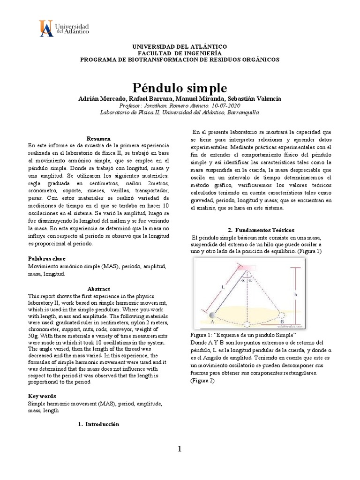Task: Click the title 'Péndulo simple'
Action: [180, 88]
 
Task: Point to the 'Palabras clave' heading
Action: [47, 259]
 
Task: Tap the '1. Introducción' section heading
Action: [98, 424]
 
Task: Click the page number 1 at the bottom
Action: [179, 450]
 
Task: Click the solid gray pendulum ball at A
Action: [213, 315]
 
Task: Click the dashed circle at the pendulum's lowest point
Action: [247, 322]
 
